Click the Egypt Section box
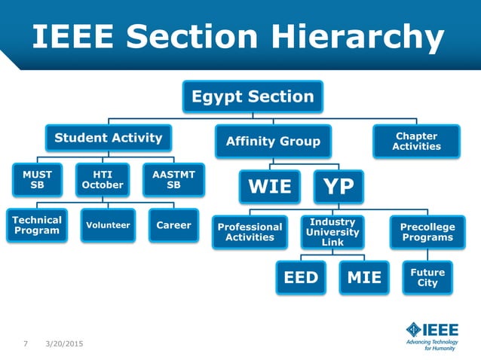click(x=252, y=96)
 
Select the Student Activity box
click(x=108, y=138)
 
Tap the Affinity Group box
click(x=273, y=141)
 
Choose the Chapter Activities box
click(x=416, y=141)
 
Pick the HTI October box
click(x=103, y=180)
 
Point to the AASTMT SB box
click(x=173, y=180)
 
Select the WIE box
click(x=270, y=186)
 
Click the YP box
click(x=339, y=186)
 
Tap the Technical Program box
click(x=36, y=224)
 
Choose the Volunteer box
click(x=108, y=224)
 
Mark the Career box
click(x=173, y=224)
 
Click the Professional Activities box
click(x=250, y=232)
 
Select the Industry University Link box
click(x=332, y=232)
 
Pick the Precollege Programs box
click(x=427, y=232)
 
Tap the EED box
click(x=301, y=278)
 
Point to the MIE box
click(x=364, y=278)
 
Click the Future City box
click(x=427, y=277)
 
